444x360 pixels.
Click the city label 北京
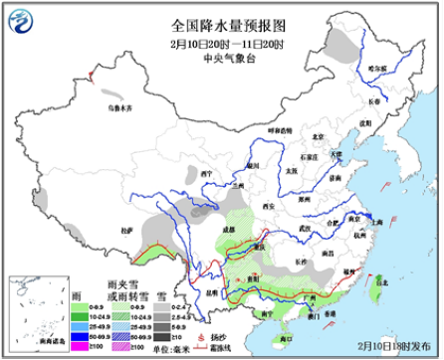point(318,136)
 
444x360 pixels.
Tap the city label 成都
point(232,230)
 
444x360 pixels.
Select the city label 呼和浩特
point(281,129)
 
